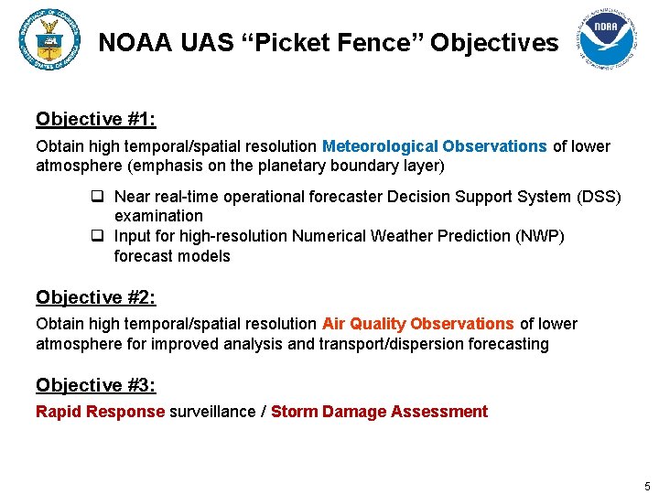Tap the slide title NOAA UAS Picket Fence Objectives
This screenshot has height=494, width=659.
(x=328, y=42)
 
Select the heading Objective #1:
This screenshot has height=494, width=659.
(x=96, y=119)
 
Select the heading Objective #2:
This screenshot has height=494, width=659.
(x=96, y=297)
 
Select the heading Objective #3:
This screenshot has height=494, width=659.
(x=96, y=385)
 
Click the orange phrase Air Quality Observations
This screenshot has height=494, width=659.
(x=418, y=324)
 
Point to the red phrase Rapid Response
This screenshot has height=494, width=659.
(x=100, y=412)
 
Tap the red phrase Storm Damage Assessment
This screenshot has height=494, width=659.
(x=379, y=412)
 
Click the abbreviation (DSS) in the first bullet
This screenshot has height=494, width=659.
(x=599, y=198)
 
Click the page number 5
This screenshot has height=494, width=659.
(x=647, y=486)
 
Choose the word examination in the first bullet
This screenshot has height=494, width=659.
(x=158, y=216)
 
